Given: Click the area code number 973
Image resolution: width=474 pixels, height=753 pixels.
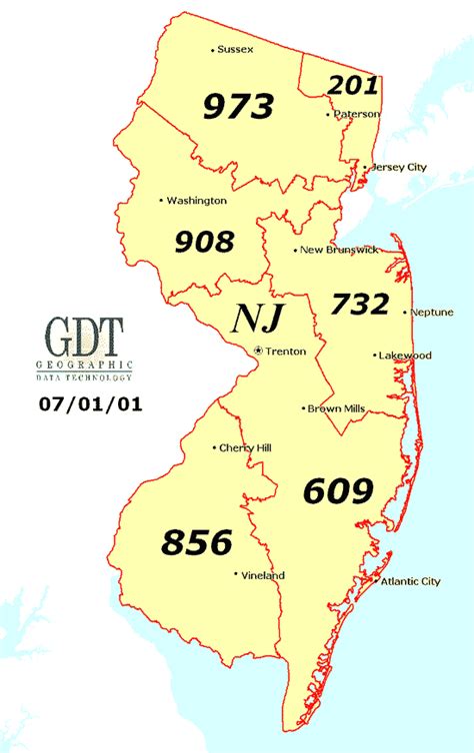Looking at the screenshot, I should point(239,106).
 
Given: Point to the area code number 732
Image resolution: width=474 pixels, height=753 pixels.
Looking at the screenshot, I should point(359,303).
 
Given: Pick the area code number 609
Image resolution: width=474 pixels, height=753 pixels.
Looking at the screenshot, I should point(338,490).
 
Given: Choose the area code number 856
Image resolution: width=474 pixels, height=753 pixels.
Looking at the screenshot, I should point(196,542).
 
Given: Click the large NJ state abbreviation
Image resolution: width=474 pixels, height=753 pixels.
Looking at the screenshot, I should point(258,318).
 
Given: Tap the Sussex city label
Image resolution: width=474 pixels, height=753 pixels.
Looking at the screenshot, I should point(236,49).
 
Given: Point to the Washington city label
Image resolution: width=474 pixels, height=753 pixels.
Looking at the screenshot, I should point(196,201).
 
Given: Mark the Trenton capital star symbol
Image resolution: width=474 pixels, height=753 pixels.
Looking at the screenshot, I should point(258,351).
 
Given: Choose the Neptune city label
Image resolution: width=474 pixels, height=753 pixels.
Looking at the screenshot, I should point(431,313).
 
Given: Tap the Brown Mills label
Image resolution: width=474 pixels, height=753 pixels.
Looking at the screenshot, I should point(337,408).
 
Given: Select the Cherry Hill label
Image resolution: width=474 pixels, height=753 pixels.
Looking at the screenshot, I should point(246,447).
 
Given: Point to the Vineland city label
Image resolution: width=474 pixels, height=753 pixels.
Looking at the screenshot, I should point(263,575).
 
